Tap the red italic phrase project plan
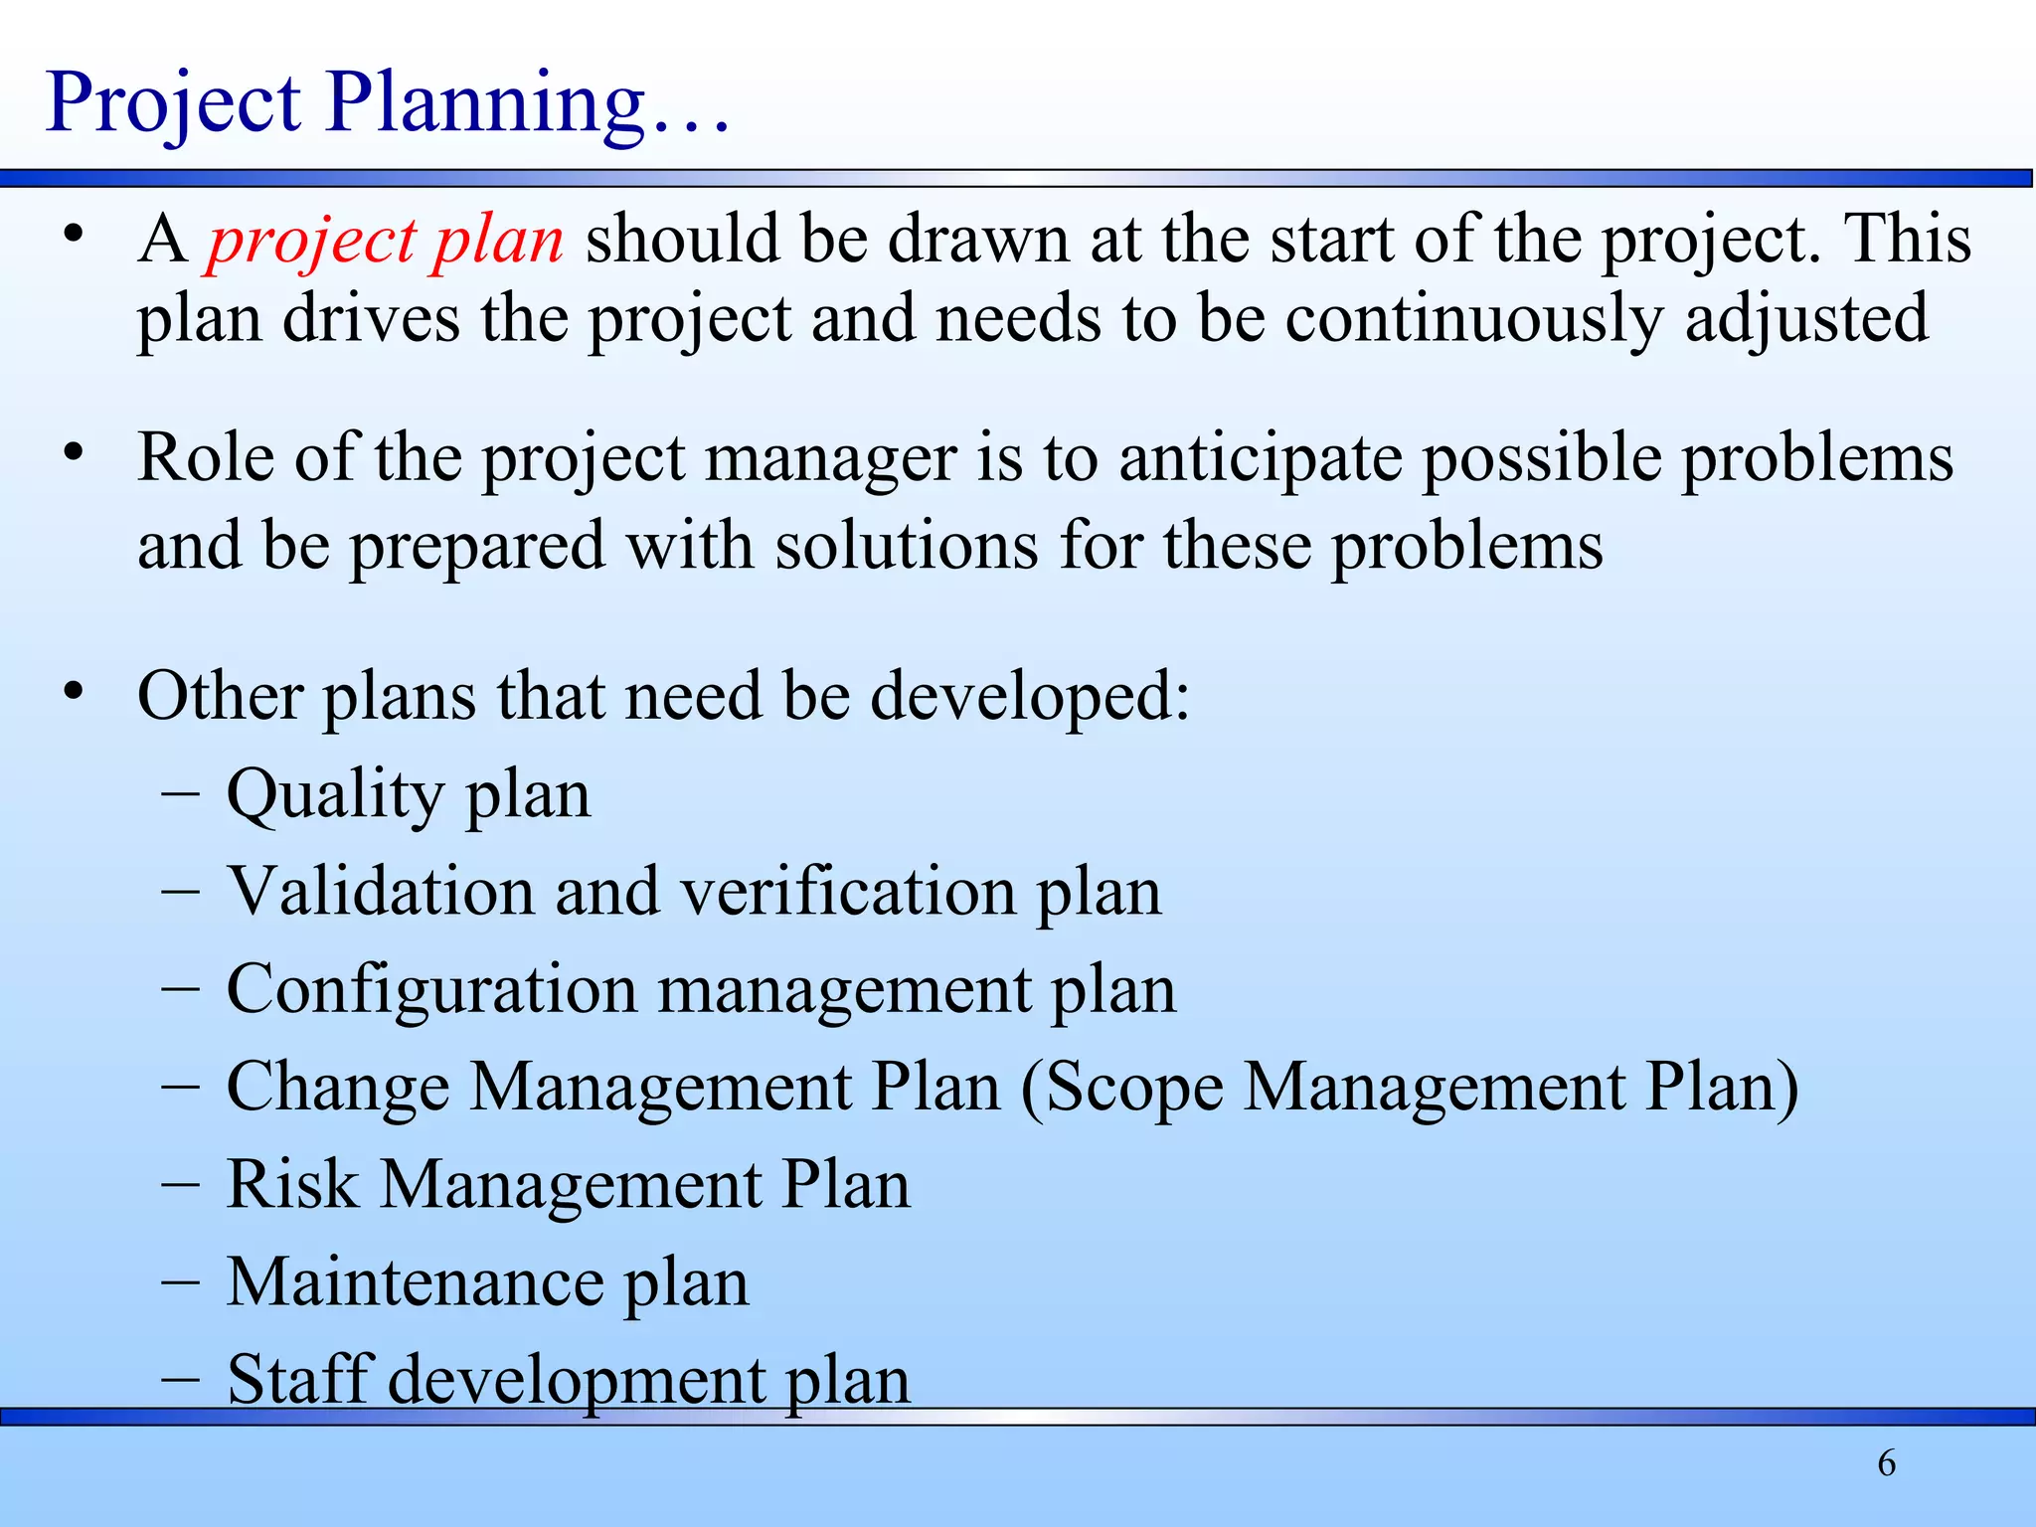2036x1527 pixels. pyautogui.click(x=385, y=241)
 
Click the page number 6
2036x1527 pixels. pyautogui.click(x=1886, y=1463)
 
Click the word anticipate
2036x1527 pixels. pyautogui.click(x=1260, y=459)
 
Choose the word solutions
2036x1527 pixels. pyautogui.click(x=906, y=547)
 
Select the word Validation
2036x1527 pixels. pyautogui.click(x=381, y=891)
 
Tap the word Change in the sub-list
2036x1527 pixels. pyautogui.click(x=338, y=1087)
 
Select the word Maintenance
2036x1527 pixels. pyautogui.click(x=415, y=1281)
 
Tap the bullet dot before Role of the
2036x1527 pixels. pyautogui.click(x=72, y=452)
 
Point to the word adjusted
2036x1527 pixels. pyautogui.click(x=1806, y=320)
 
